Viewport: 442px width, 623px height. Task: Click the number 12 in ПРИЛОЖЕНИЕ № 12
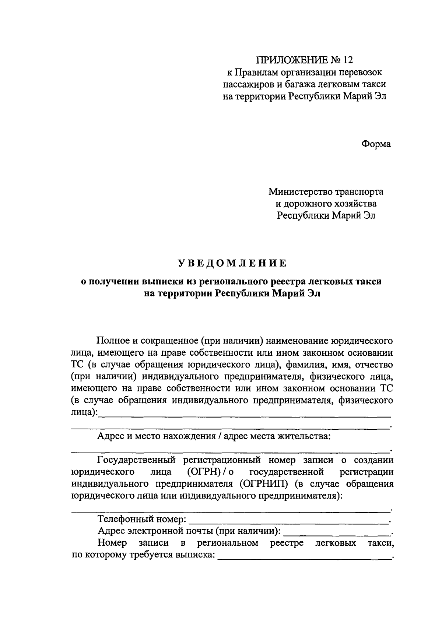[x=347, y=60]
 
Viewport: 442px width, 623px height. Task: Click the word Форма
[x=376, y=144]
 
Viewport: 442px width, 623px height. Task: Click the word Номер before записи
[x=112, y=543]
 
